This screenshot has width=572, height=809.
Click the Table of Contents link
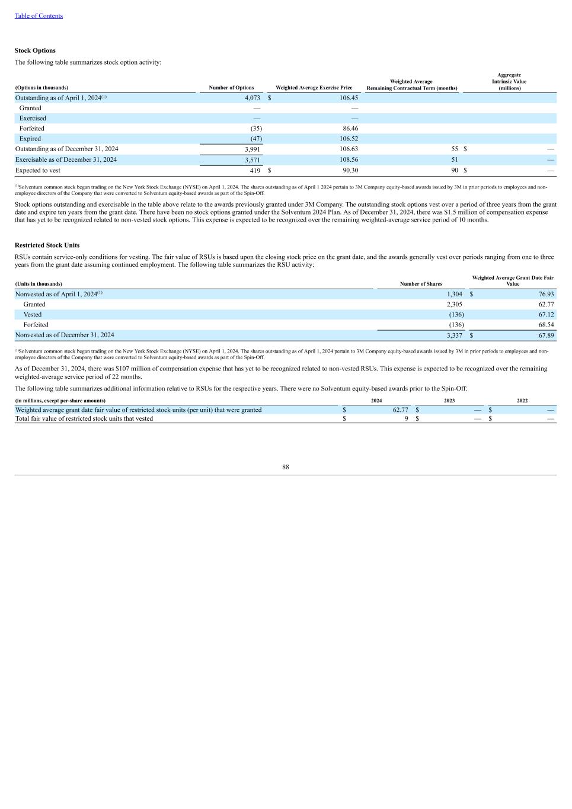[39, 16]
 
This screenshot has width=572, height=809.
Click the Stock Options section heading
[35, 50]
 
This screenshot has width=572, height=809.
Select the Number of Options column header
[231, 88]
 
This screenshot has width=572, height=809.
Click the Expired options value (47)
[256, 139]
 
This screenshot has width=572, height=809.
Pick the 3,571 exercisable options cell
[253, 160]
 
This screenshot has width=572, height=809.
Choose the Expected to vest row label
[38, 171]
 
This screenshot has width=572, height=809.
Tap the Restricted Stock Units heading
[47, 245]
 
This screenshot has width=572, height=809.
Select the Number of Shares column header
[421, 284]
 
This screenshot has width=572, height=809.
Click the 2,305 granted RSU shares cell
[455, 305]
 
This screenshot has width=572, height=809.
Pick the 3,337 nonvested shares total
[455, 335]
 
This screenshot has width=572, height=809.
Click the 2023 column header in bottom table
[449, 401]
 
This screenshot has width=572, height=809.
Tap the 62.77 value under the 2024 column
[400, 410]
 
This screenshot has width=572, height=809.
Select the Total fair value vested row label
[84, 419]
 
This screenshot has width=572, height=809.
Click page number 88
[286, 467]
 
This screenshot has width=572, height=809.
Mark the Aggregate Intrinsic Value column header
[509, 82]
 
